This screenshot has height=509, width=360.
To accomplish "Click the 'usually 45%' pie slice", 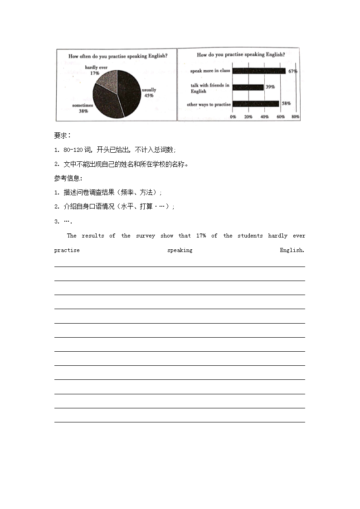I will (129, 93).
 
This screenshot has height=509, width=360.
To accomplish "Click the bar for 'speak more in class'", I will (259, 71).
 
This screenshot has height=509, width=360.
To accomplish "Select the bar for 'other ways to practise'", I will (256, 104).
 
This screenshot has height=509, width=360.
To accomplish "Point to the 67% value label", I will (292, 72).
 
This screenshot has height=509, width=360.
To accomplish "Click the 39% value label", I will (270, 87).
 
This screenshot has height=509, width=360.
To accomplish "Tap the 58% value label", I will (286, 103).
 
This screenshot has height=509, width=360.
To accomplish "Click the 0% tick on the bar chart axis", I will (233, 117).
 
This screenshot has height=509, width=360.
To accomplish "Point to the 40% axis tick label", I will (264, 117).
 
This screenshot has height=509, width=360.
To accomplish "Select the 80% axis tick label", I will (295, 117).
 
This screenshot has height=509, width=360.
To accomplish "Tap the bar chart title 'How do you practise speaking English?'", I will (241, 55).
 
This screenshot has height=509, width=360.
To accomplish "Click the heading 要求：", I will (63, 136).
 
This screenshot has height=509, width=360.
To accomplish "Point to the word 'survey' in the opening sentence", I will (146, 236).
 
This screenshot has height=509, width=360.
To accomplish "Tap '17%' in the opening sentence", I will (201, 236).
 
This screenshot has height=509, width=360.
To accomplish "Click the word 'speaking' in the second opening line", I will (180, 250).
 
